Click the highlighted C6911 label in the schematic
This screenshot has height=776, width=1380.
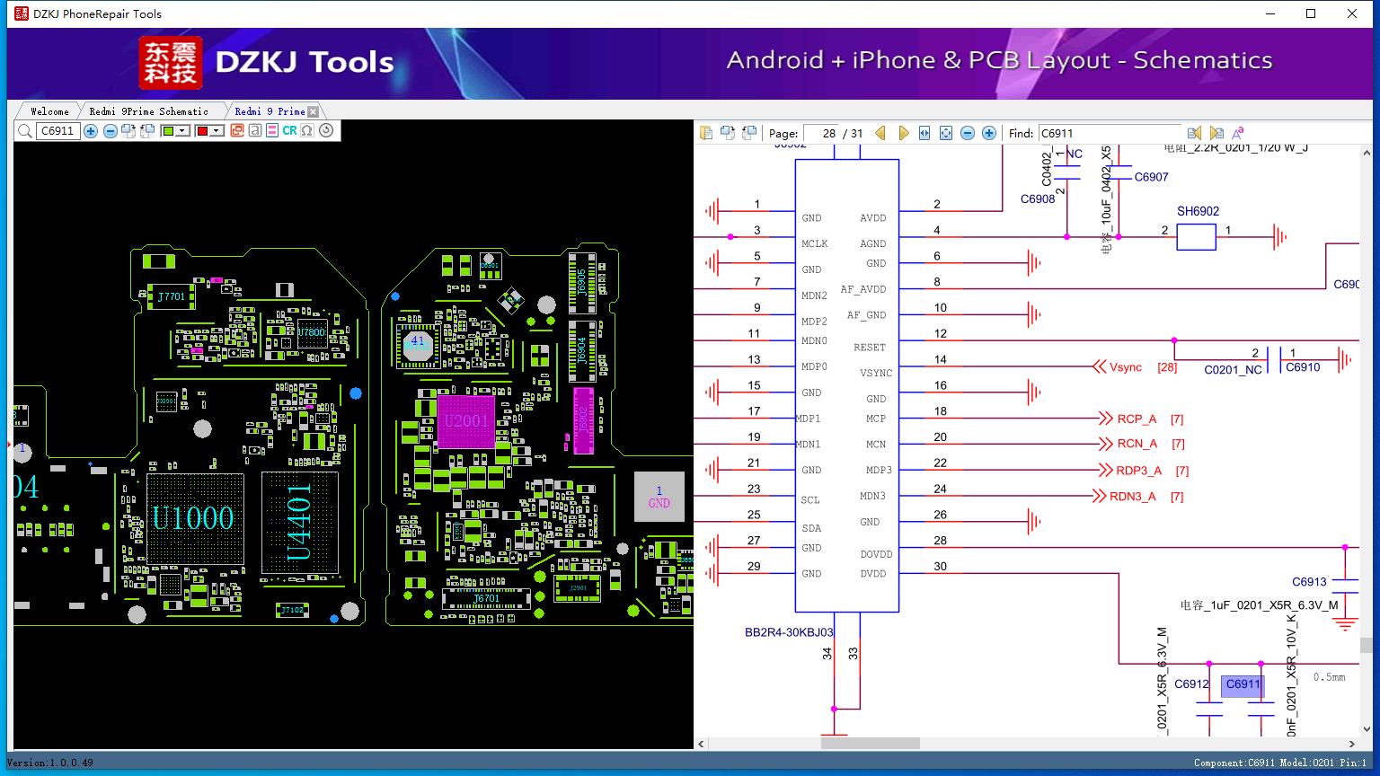pos(1243,684)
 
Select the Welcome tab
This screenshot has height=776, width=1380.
pos(49,111)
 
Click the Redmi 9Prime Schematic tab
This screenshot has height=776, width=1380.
pos(148,111)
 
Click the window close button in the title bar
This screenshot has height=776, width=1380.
pos(1351,13)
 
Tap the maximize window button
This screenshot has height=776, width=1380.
pos(1311,13)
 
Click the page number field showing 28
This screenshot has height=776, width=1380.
pos(820,133)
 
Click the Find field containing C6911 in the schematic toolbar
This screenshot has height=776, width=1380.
pos(1109,133)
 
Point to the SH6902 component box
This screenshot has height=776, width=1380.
pos(1196,237)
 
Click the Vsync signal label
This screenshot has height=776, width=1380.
pos(1125,367)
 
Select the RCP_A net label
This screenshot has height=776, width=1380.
pos(1137,419)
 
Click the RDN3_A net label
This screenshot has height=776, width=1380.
pos(1132,497)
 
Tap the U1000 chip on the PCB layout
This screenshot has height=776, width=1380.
pos(194,518)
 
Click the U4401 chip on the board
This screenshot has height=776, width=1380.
pos(300,521)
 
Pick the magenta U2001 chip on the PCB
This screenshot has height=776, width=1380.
pos(465,421)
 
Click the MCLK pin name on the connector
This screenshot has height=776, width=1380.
pos(814,244)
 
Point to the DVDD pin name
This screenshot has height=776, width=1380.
pos(873,574)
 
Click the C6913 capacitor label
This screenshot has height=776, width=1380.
pos(1309,582)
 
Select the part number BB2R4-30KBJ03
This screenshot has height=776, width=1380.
pos(789,632)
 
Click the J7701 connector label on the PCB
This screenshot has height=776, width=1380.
pos(171,296)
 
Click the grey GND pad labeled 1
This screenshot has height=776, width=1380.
pos(659,497)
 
